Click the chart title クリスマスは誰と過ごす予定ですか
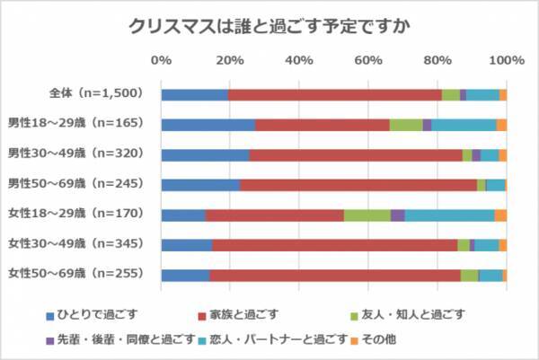269,25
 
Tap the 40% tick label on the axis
299,60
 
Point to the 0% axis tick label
162,60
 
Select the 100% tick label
506,60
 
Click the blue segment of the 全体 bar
194,94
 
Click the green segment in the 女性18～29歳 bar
367,215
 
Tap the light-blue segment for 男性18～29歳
464,125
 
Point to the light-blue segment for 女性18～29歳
449,215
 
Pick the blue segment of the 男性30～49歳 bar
205,154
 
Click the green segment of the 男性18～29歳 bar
406,125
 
